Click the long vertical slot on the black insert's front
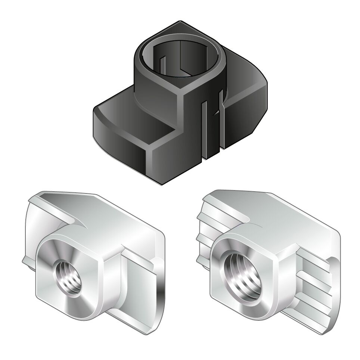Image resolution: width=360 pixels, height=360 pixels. click(x=205, y=131)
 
